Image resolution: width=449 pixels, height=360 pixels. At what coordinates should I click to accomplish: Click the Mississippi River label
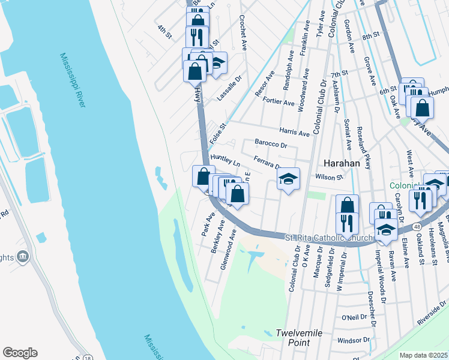pyautogui.click(x=73, y=81)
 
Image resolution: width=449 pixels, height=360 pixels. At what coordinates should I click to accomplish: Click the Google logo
pyautogui.click(x=20, y=353)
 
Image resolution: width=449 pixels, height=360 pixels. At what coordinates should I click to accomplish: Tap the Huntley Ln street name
pyautogui.click(x=225, y=160)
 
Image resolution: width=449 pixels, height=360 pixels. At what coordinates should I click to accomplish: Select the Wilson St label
pyautogui.click(x=329, y=177)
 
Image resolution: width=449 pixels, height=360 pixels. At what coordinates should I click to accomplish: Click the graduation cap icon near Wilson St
pyautogui.click(x=289, y=179)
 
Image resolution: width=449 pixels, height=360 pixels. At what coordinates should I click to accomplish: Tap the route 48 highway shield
pyautogui.click(x=415, y=227)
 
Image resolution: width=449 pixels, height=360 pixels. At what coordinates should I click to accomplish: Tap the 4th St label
pyautogui.click(x=164, y=31)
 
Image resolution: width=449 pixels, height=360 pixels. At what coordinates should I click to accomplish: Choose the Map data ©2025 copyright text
pyautogui.click(x=423, y=355)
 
